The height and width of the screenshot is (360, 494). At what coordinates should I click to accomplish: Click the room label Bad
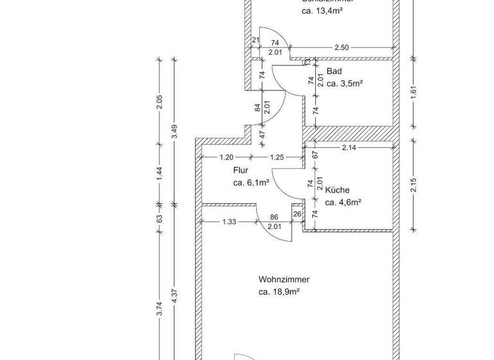[x=334, y=71]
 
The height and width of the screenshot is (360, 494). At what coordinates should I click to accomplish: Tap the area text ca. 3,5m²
[x=345, y=84]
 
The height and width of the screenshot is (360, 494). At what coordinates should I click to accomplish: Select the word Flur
[x=241, y=171]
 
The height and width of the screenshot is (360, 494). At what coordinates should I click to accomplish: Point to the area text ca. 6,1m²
[x=251, y=183]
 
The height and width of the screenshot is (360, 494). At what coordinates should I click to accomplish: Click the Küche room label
[x=337, y=190]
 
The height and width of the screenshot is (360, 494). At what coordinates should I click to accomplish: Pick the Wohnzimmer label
[x=284, y=280]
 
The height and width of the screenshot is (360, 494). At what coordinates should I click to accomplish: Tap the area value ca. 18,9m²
[x=280, y=292]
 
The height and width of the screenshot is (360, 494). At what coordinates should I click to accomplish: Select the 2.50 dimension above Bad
[x=342, y=48]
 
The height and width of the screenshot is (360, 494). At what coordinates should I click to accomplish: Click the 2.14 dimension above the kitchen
[x=349, y=148]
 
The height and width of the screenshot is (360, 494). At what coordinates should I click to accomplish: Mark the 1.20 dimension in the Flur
[x=226, y=157]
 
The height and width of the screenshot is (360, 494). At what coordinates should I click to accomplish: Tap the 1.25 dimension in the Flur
[x=277, y=157]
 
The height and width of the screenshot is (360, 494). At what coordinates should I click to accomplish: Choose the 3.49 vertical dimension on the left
[x=174, y=132]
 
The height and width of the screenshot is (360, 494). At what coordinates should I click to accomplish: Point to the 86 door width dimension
[x=275, y=218]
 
